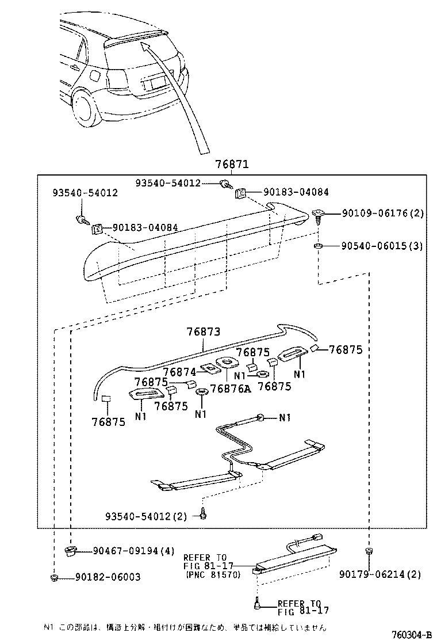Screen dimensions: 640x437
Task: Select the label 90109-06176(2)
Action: (x=382, y=214)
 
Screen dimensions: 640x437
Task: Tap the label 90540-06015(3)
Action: (x=382, y=246)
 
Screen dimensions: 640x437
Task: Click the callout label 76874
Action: (x=180, y=372)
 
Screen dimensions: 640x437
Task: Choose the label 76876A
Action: (x=231, y=388)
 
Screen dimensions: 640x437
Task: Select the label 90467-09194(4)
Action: (x=133, y=551)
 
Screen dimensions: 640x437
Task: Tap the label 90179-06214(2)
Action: (x=380, y=574)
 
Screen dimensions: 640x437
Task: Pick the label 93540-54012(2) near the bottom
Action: (x=146, y=516)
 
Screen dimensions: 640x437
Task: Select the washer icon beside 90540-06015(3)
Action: (x=318, y=246)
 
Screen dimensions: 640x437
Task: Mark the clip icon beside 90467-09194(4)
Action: (x=70, y=551)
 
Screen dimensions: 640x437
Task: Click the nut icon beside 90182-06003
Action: (x=53, y=577)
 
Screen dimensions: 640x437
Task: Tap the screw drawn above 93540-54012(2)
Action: (x=203, y=514)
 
